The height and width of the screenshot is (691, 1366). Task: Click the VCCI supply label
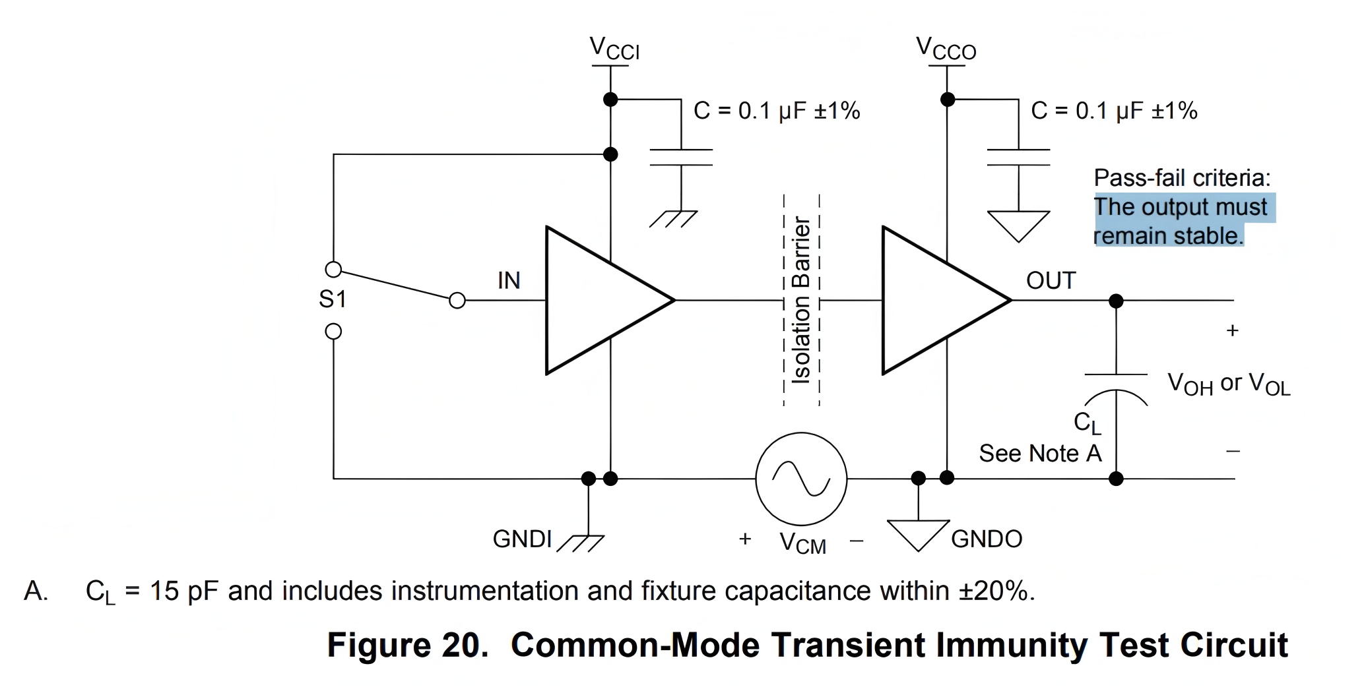614,49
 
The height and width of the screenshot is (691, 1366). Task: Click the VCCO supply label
946,49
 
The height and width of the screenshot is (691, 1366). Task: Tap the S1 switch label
333,299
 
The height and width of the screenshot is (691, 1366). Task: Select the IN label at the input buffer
509,281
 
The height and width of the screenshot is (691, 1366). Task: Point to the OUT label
1051,281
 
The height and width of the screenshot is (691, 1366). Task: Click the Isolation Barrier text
801,300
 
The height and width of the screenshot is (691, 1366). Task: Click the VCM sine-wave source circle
801,479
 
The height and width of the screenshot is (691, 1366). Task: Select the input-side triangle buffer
597,301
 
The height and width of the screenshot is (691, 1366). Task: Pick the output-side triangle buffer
934,301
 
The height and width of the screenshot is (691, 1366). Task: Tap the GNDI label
522,539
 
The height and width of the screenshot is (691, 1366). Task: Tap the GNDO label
987,539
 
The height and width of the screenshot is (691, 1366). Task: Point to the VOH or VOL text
1229,384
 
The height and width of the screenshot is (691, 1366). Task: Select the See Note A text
1040,454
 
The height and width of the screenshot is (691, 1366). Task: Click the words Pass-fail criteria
1182,178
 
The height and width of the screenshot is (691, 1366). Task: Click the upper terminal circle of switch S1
334,270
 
